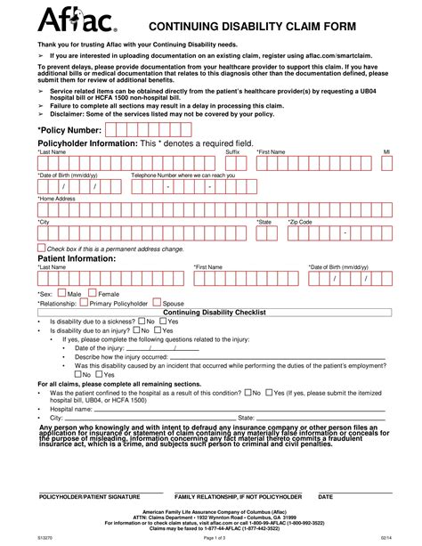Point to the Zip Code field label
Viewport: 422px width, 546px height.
coord(300,221)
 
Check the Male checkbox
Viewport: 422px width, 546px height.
coord(61,292)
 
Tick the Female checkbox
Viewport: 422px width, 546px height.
coord(92,292)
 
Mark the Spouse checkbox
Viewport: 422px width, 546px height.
coord(156,303)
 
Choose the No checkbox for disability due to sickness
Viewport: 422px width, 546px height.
coord(140,321)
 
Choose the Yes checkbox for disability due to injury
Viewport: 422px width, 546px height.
coord(156,330)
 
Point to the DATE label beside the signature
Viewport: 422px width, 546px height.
coord(325,495)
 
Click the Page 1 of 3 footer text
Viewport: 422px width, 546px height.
coord(211,538)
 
